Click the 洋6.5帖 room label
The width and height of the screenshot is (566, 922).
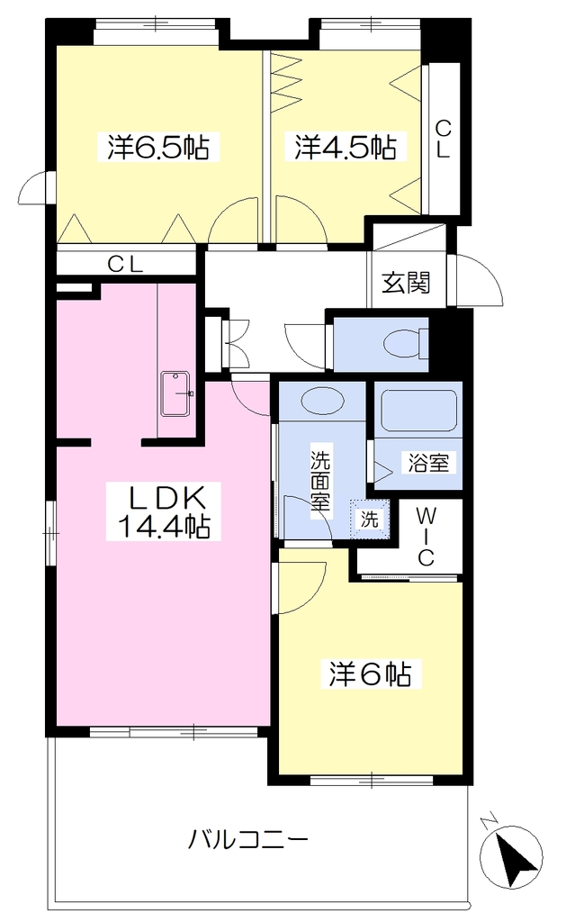coord(158,147)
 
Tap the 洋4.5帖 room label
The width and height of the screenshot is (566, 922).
coord(346,147)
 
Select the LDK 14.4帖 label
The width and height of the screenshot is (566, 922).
coord(164,511)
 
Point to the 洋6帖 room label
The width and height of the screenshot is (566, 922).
coord(370,673)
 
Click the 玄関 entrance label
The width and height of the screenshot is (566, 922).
coord(406,282)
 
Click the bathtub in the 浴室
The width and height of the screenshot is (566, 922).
coord(418,411)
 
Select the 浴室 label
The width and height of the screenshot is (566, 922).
coord(429,463)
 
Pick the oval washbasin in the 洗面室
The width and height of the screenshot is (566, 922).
coord(323,402)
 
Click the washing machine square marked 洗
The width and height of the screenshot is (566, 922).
coord(370,519)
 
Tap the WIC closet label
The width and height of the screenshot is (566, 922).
coord(427,537)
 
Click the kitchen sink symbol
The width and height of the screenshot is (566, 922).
coord(175,394)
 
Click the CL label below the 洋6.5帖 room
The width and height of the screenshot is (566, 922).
coord(124,265)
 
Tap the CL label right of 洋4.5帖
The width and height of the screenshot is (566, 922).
coord(442,139)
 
